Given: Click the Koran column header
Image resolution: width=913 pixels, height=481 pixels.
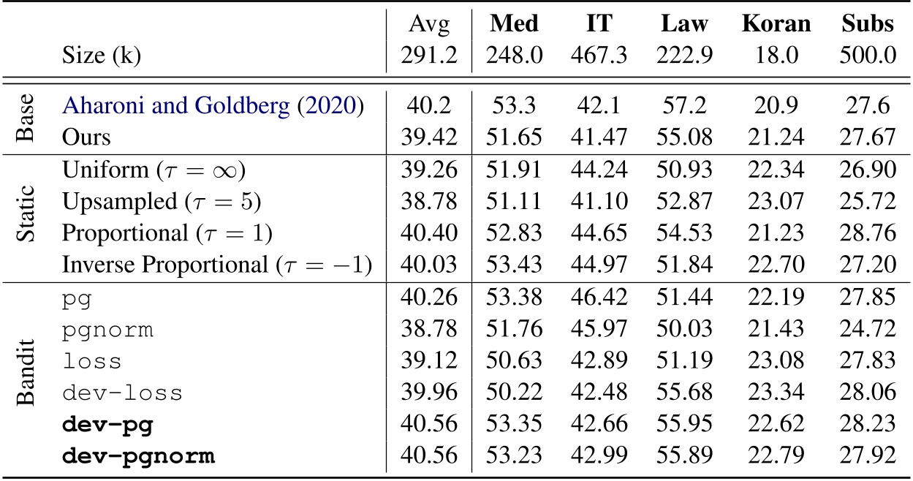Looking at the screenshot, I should tap(776, 24).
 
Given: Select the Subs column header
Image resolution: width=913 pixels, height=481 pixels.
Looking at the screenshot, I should tap(868, 24).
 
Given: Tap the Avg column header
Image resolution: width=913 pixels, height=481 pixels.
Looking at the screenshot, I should tap(429, 25).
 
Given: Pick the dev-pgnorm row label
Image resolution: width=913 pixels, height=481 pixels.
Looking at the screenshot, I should tap(139, 457).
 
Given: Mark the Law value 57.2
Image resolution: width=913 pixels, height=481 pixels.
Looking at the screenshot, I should tap(686, 105).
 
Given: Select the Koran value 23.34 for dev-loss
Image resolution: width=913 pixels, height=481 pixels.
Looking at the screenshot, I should tap(776, 393).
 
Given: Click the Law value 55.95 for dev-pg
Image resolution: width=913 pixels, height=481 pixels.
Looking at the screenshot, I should tap(686, 425).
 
